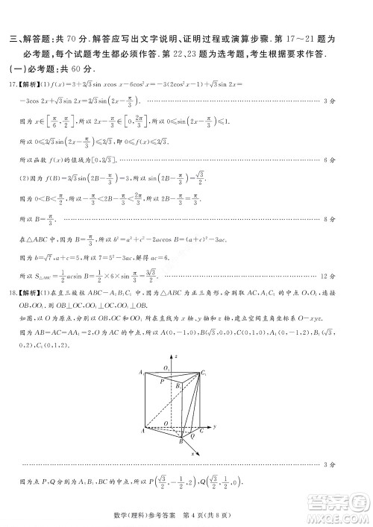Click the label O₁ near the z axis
pos(165,368)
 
